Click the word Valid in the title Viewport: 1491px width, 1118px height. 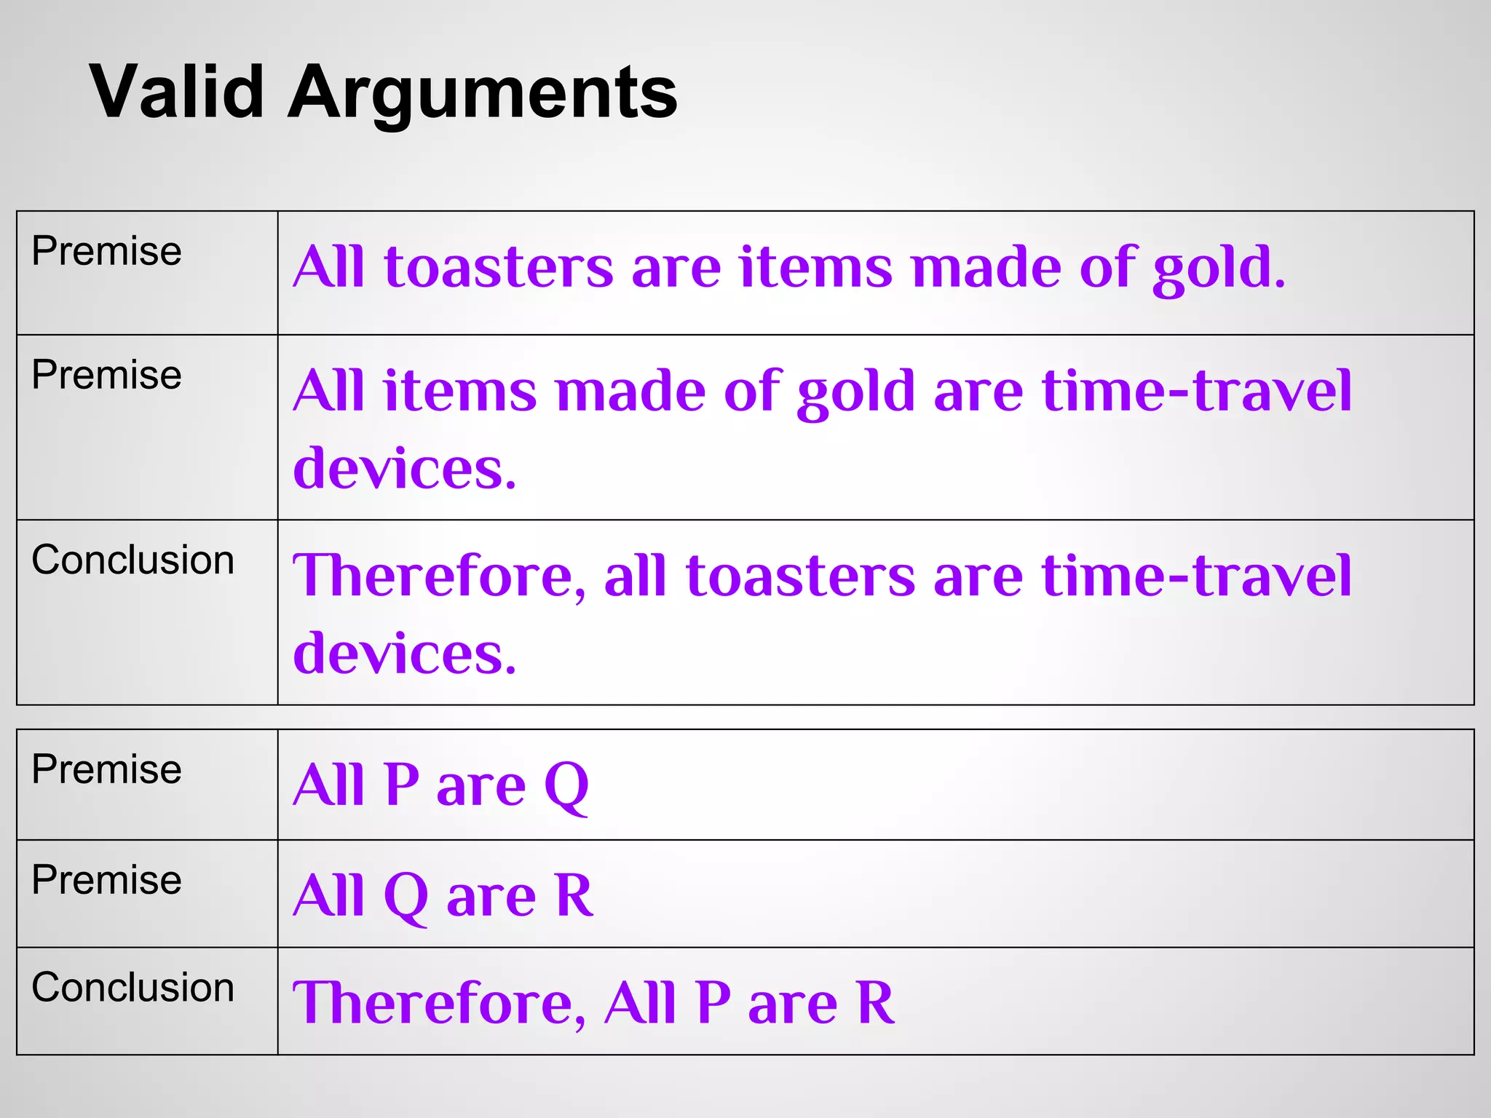click(176, 92)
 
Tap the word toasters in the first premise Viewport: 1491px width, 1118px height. click(499, 267)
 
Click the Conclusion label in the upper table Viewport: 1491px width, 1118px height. click(133, 560)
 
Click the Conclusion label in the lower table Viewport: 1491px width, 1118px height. click(133, 988)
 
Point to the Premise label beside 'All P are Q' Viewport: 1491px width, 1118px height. click(106, 769)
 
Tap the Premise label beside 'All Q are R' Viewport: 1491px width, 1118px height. click(106, 880)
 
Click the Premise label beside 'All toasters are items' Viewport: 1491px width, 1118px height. click(106, 252)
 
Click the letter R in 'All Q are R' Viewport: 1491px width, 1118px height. click(574, 895)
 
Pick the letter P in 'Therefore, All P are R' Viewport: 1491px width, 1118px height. click(712, 1003)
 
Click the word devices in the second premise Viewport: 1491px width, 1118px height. click(403, 468)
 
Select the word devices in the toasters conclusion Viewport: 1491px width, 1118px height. click(403, 653)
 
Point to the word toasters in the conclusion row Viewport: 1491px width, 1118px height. click(799, 576)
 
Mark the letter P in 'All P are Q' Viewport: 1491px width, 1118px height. click(402, 785)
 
